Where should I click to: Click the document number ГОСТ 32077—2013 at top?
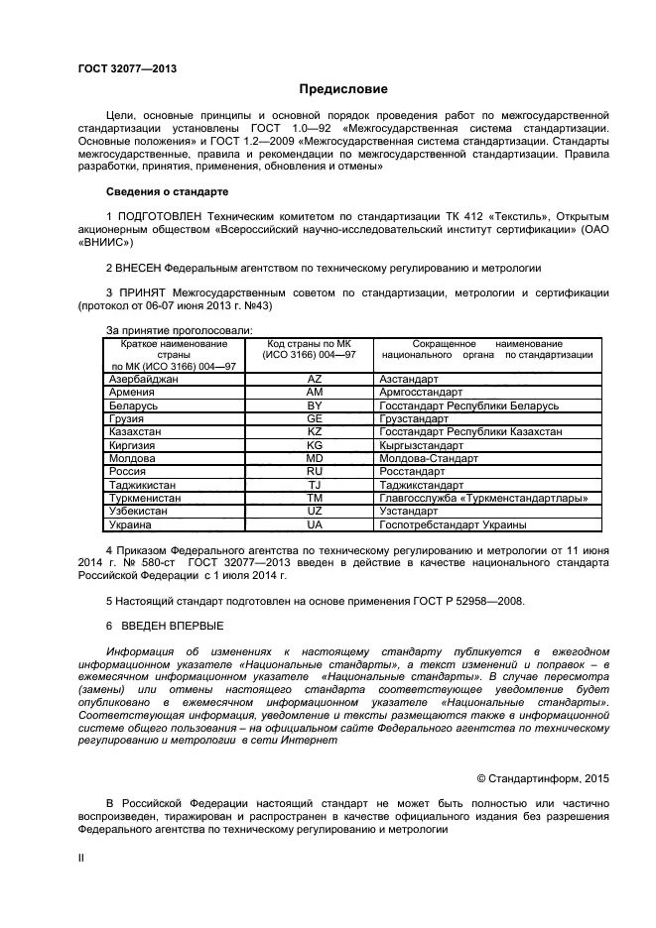127,67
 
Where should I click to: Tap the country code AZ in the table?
315,380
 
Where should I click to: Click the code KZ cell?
315,432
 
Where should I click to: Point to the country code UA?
315,524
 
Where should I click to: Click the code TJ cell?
315,485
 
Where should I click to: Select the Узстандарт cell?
408,512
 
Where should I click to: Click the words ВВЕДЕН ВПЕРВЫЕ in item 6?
173,626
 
